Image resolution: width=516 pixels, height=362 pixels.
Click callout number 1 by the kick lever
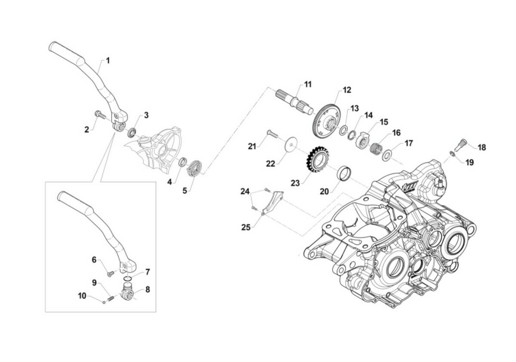tap(107, 61)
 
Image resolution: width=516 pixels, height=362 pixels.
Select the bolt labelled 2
tap(98, 115)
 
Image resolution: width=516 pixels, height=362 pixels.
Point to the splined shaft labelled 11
tap(295, 102)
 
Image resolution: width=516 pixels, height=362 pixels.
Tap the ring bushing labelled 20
tap(345, 173)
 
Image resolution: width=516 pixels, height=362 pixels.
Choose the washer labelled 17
tap(388, 154)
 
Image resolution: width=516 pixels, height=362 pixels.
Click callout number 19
tap(469, 163)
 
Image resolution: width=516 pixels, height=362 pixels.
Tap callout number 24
tap(245, 191)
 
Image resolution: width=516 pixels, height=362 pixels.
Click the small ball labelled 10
tap(104, 301)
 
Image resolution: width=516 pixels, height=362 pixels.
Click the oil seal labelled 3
tap(133, 131)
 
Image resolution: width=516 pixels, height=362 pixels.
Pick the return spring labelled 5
tap(196, 167)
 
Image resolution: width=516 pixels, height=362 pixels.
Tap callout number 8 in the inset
tap(147, 289)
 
